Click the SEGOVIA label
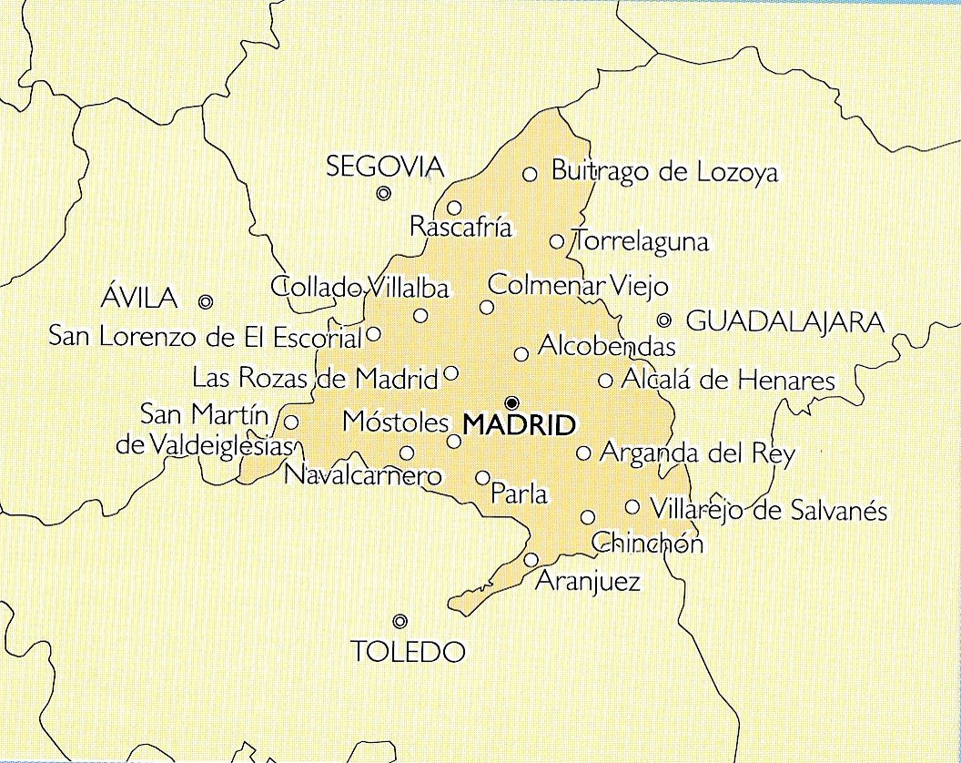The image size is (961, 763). point(385,167)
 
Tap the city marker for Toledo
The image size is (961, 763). point(400,621)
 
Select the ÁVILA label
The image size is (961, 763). point(138,298)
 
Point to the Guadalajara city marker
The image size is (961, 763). point(664,320)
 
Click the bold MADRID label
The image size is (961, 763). point(520,424)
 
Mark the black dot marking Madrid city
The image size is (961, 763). point(511,402)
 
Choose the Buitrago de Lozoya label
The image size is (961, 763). point(664,172)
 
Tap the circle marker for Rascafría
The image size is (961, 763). point(454,208)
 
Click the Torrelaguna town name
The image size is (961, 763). point(640,242)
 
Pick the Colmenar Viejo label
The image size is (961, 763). point(578,285)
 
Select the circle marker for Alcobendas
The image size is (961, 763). point(521,354)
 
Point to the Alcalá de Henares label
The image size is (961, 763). point(728,380)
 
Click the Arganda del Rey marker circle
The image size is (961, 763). point(584,453)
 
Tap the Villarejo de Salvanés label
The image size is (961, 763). point(768,509)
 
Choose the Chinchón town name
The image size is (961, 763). point(648,544)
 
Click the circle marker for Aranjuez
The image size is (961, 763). point(531,559)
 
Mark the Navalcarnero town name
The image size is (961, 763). point(362,475)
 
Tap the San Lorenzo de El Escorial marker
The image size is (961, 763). point(373,334)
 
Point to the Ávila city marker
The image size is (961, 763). point(206,301)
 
